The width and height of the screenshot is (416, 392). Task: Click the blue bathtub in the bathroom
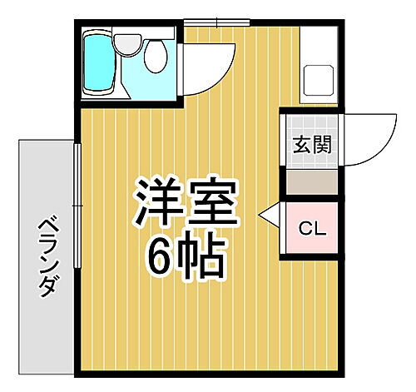98,62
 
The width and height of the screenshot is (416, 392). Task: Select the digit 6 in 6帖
164,259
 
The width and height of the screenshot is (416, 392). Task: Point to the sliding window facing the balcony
77,205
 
